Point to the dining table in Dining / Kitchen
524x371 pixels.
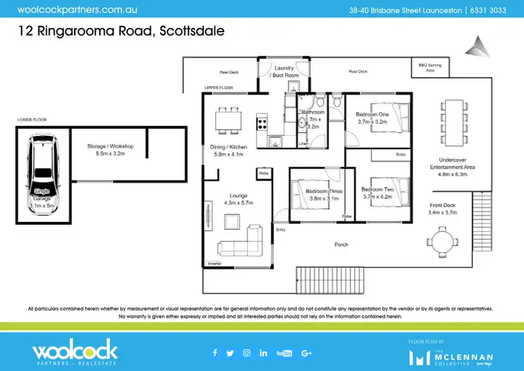[227, 120]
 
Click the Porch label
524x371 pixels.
[342, 244]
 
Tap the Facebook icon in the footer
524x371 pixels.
[214, 352]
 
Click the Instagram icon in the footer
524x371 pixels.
[247, 352]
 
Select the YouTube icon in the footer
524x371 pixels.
[284, 352]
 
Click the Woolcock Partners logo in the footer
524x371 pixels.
[75, 351]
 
